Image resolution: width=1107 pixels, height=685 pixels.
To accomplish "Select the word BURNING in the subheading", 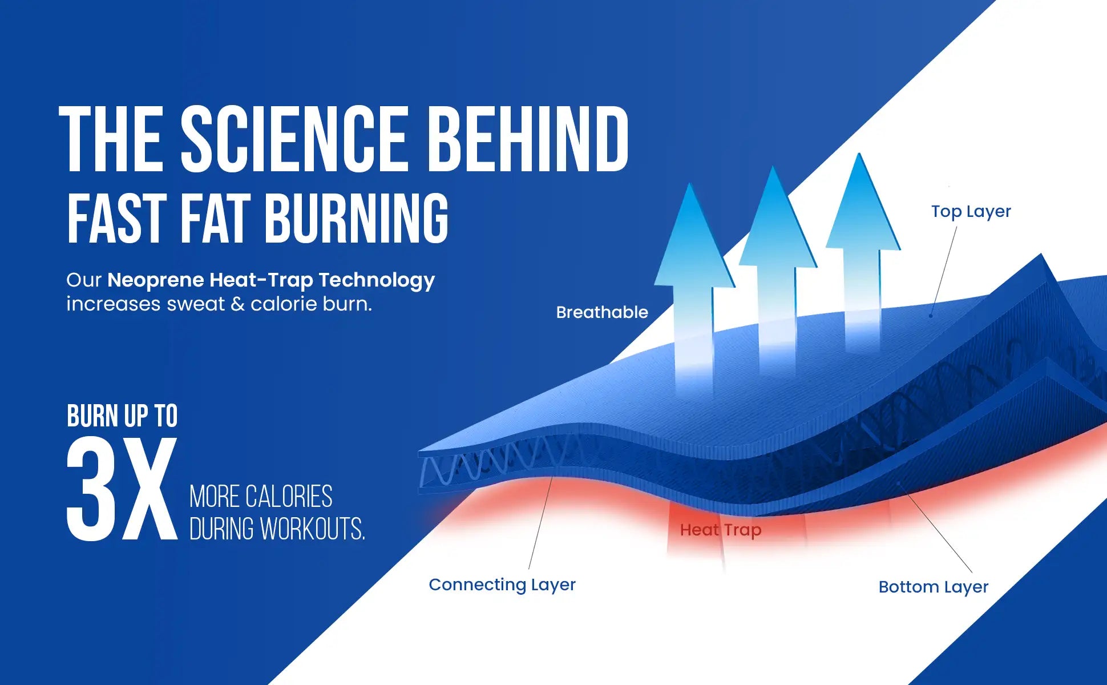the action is pos(356,217).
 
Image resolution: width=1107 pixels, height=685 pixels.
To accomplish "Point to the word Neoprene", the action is pos(156,280).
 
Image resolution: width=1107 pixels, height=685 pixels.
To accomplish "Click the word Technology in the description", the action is pos(377,280).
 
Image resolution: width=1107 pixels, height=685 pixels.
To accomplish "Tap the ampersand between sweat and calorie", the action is pos(237,304).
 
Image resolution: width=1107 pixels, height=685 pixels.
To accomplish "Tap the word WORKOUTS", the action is pos(312,529).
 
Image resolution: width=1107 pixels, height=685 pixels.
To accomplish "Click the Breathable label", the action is pos(602,312).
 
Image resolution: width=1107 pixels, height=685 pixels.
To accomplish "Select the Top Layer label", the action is pos(971,212).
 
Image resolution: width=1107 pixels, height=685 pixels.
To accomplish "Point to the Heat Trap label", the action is pos(721,530).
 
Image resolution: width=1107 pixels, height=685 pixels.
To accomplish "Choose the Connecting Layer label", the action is pos(502,585).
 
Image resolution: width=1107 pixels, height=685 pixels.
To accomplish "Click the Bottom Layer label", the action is pos(934,587).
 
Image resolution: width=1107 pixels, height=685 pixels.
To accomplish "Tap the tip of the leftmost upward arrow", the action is pos(690,183).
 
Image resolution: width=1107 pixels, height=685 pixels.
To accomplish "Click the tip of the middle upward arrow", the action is pos(773,167).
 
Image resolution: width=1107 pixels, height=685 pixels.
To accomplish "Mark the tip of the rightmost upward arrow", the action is pos(859,154).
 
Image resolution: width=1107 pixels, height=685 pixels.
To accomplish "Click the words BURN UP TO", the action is pos(122,416).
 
